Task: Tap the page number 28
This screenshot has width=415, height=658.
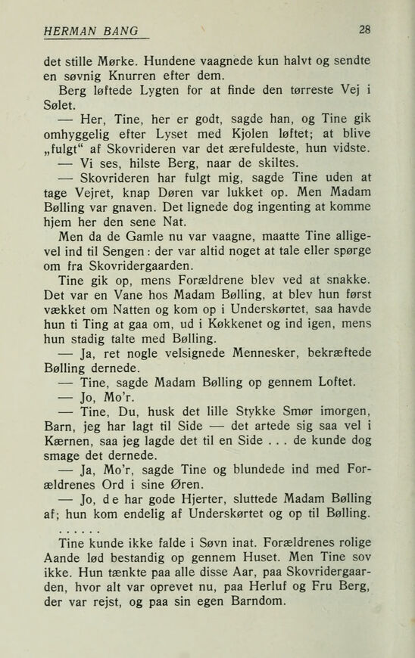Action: (x=365, y=29)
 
